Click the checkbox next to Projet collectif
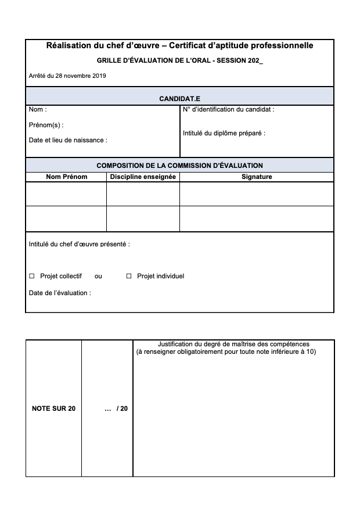point(32,276)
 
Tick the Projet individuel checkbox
point(129,276)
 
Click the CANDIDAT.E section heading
point(179,99)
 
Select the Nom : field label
point(38,109)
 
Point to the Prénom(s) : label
point(46,125)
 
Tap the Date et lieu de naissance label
point(68,140)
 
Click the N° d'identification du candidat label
point(228,109)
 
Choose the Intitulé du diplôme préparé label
point(224,133)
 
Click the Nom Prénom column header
point(67,177)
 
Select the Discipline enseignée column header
point(143,177)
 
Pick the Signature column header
point(257,177)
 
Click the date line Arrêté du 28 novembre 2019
point(67,76)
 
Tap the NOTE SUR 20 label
point(53,408)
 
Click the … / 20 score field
point(116,408)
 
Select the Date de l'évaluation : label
point(60,293)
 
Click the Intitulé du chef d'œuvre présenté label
point(79,244)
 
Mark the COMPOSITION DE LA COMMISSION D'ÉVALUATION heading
point(179,166)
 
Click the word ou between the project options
point(98,276)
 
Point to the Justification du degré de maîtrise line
point(233,344)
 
